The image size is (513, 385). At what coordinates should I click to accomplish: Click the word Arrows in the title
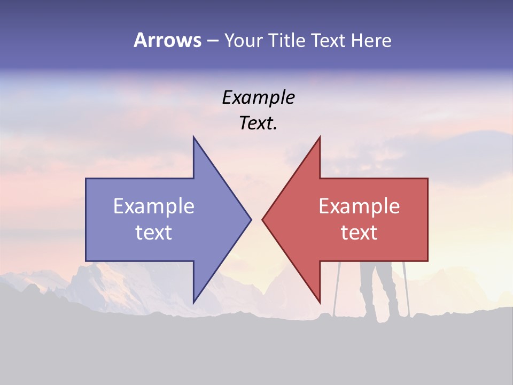(167, 41)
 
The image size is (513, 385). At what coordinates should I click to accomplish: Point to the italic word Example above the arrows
(258, 98)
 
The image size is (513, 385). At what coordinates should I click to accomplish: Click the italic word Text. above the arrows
(258, 124)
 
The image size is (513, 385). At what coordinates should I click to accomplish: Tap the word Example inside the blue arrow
(154, 206)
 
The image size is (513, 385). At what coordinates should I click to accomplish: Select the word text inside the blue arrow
(154, 233)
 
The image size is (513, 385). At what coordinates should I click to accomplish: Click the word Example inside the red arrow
(359, 206)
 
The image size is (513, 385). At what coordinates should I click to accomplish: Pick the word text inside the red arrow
(359, 233)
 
